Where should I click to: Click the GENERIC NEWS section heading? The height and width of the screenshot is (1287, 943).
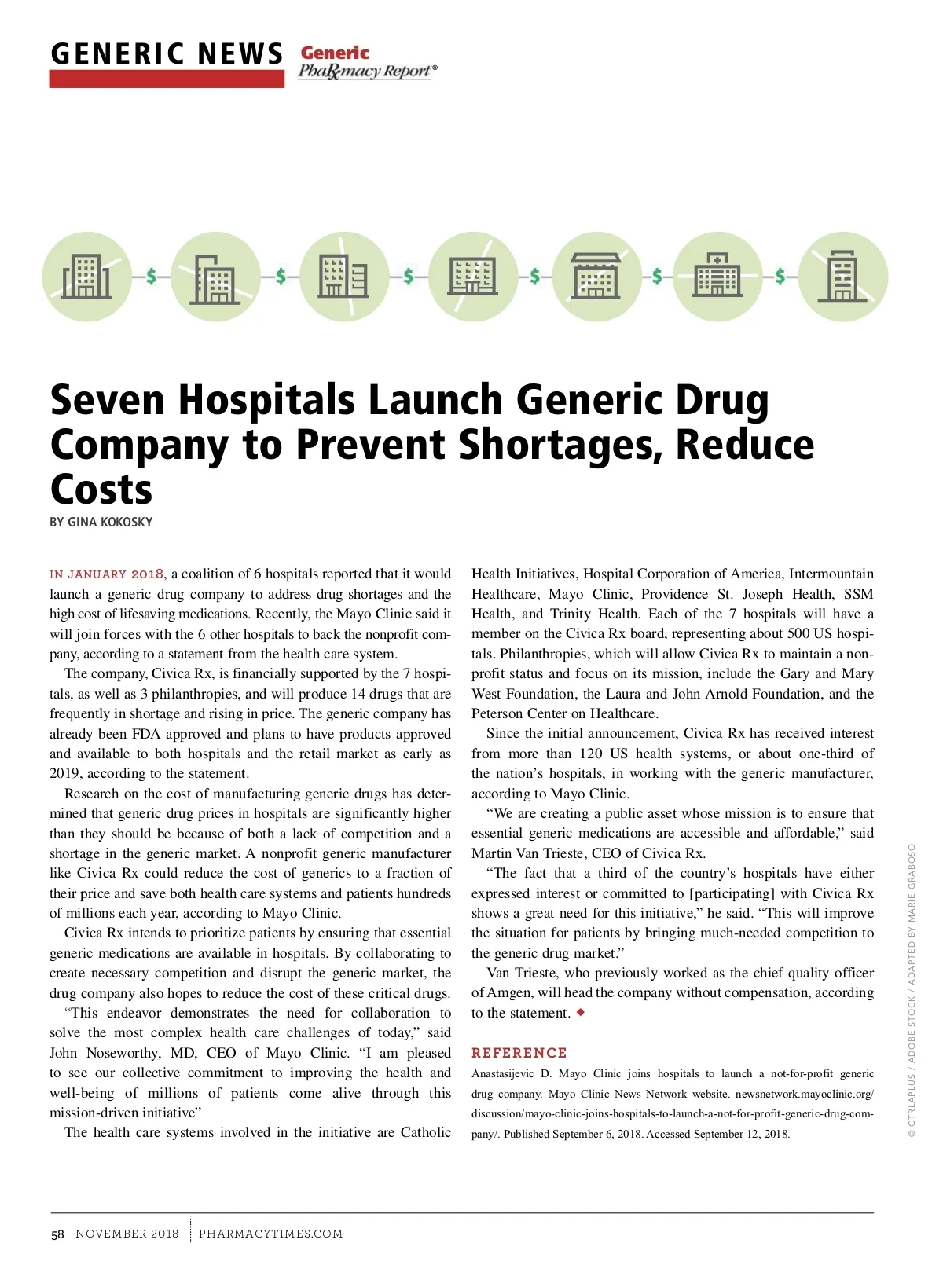(x=166, y=54)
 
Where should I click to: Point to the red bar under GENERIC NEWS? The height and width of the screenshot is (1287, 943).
(x=166, y=79)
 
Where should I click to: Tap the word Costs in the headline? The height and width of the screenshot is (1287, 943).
(x=101, y=489)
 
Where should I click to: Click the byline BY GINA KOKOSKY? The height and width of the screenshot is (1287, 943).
(x=101, y=522)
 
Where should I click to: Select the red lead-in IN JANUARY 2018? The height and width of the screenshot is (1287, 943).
(x=107, y=574)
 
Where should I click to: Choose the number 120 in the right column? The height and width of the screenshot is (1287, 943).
(x=590, y=753)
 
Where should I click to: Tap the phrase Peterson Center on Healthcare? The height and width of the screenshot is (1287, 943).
(x=564, y=713)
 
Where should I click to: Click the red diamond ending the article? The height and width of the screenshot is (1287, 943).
(x=581, y=1012)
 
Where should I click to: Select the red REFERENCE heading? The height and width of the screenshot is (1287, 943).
(x=519, y=1053)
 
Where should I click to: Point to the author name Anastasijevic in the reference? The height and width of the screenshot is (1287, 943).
(x=502, y=1074)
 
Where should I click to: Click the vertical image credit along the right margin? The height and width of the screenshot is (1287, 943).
(x=912, y=990)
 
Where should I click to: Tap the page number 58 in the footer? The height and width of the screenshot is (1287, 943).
(x=57, y=1234)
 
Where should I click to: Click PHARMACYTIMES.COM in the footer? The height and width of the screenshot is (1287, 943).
(x=270, y=1234)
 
